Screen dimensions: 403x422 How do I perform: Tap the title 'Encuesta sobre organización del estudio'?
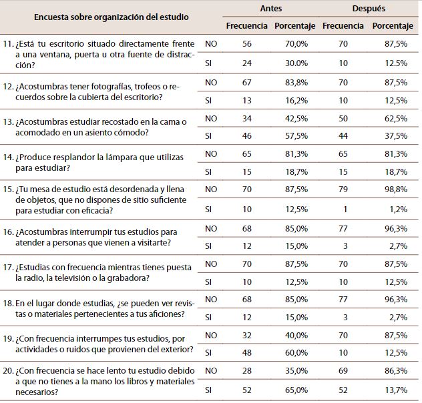pyautogui.click(x=102, y=16)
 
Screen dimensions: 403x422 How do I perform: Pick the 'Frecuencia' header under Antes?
pyautogui.click(x=247, y=25)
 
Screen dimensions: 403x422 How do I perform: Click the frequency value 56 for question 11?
pyautogui.click(x=247, y=45)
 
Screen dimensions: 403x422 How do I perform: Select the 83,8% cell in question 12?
pyautogui.click(x=294, y=82)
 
